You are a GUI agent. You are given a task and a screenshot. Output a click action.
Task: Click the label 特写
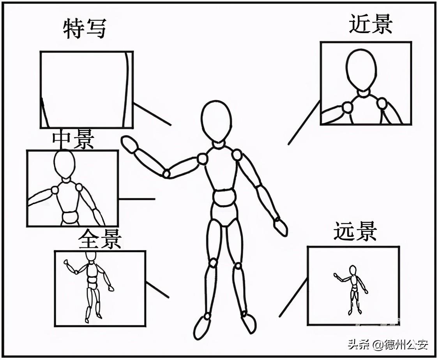(85, 29)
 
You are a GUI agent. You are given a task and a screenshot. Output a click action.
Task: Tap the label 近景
(370, 24)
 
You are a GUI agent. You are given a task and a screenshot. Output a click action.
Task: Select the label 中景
(73, 140)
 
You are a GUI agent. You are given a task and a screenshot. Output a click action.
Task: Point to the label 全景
(100, 239)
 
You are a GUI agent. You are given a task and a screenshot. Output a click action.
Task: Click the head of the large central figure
(216, 121)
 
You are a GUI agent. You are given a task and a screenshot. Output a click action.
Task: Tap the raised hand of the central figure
(130, 145)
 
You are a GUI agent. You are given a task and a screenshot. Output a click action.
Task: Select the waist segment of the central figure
(224, 198)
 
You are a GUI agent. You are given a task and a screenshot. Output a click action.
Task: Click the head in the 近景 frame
(361, 70)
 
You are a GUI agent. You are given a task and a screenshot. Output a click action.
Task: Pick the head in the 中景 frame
(64, 164)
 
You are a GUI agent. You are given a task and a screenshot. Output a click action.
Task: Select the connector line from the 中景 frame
(136, 199)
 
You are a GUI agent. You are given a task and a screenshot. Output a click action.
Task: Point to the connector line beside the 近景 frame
(304, 123)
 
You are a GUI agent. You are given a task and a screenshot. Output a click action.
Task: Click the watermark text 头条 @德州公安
(388, 344)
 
